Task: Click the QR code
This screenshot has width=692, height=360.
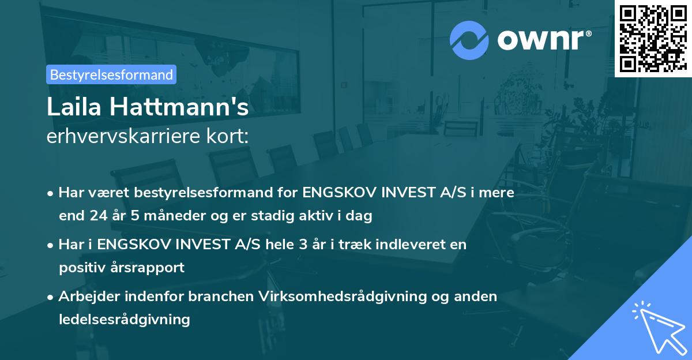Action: [x=653, y=38]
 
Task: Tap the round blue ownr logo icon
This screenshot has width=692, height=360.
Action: [x=470, y=40]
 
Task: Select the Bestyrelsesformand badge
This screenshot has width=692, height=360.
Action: [x=111, y=74]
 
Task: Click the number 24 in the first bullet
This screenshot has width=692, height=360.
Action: [x=95, y=216]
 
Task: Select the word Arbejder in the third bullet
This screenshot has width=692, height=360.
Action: [x=85, y=296]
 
